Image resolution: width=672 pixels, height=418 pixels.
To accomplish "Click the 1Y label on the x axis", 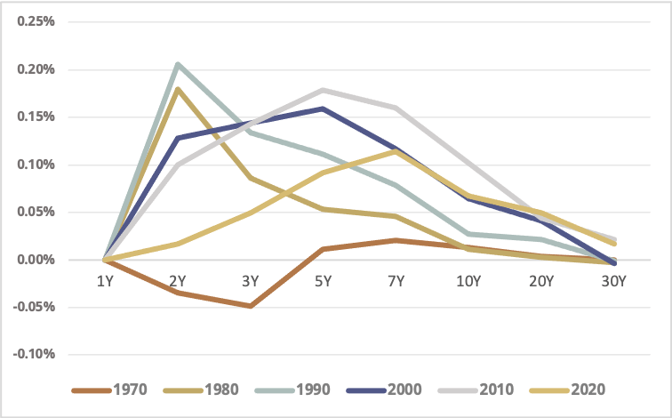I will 104,281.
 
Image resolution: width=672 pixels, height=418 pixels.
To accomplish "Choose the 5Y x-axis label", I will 323,281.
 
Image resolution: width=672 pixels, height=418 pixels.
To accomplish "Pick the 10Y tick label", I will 468,281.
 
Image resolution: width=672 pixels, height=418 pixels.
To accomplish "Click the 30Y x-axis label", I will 614,281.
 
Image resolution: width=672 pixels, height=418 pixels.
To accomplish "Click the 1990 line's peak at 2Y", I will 178,64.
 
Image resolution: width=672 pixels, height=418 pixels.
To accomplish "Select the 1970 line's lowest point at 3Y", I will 251,306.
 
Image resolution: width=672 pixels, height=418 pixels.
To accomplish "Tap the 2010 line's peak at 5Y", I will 323,90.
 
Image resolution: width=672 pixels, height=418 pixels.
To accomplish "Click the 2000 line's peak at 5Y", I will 323,109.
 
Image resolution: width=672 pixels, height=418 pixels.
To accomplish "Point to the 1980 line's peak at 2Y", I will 178,88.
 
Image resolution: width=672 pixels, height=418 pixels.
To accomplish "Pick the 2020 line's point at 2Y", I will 178,244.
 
